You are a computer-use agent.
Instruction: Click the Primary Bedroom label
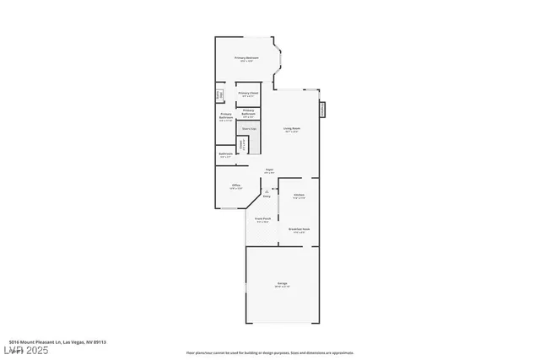246,57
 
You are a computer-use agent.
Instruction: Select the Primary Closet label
248,93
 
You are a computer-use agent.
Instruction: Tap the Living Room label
293,128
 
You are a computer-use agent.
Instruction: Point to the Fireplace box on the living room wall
323,110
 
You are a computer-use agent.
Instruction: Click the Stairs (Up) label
249,128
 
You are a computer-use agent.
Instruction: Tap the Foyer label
269,169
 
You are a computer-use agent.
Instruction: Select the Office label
236,185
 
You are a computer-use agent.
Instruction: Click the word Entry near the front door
267,196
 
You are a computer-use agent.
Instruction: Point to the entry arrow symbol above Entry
267,191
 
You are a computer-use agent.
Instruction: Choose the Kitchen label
299,195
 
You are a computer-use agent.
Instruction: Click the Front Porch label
263,218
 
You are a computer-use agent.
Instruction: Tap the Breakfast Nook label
299,229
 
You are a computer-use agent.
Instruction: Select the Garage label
282,282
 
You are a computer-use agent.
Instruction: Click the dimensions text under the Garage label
282,287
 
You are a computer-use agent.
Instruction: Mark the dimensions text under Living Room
293,132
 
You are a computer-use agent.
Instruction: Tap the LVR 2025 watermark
25,349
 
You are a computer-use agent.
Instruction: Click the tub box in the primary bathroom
219,94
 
